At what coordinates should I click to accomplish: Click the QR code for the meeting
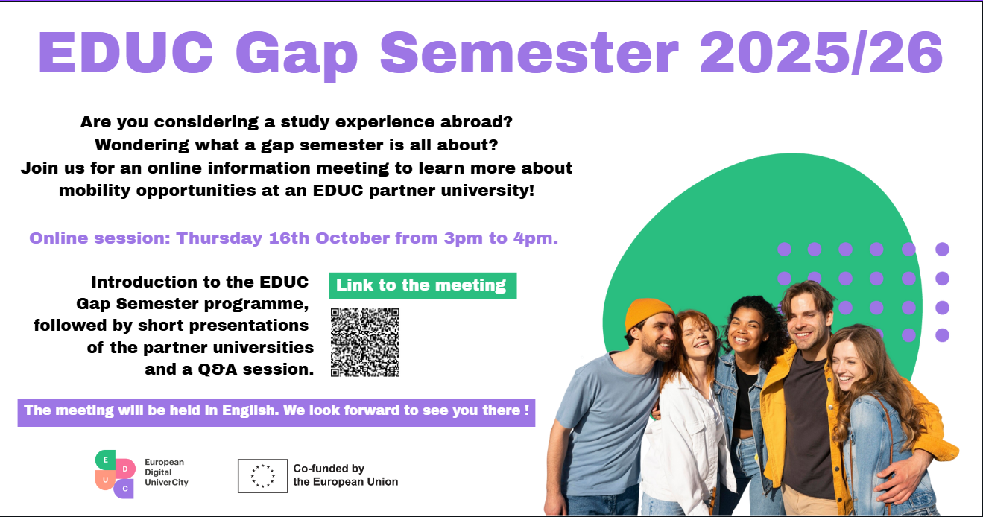tap(364, 343)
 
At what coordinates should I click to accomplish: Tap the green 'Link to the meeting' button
tap(423, 286)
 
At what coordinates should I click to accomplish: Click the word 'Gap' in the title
tap(297, 54)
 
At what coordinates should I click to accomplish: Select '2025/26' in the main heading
tap(821, 53)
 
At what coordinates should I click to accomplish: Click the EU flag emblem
tap(263, 476)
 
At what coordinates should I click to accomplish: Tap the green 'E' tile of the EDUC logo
tap(105, 460)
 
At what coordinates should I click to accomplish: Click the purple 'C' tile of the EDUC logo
tap(124, 489)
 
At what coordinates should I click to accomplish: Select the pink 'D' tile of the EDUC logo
tap(125, 469)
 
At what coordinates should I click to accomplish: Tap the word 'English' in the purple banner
tap(249, 410)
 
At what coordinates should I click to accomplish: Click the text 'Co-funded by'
tap(329, 469)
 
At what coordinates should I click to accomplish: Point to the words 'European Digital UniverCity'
tap(166, 472)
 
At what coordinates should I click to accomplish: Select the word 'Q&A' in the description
tap(217, 369)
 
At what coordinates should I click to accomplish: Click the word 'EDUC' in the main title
tap(126, 53)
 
